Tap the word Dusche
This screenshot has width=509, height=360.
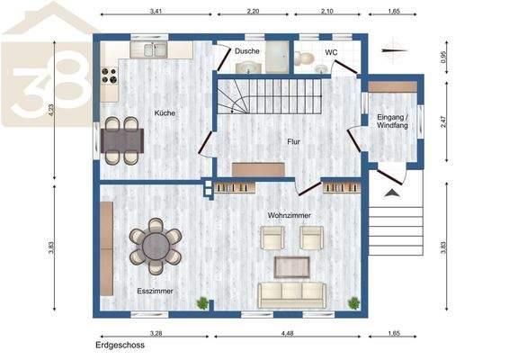point(247,52)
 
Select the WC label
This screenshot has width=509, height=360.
point(331,52)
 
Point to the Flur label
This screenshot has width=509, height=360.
point(293,142)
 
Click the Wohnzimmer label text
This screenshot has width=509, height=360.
point(289,214)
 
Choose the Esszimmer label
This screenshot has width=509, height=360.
point(155,292)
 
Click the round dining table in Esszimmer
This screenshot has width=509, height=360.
point(155,244)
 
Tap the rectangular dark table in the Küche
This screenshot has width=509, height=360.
point(121,139)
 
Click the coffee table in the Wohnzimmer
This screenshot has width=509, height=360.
point(291,265)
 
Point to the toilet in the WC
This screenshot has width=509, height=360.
point(308,59)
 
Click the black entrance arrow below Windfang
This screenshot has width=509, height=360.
point(392,192)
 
